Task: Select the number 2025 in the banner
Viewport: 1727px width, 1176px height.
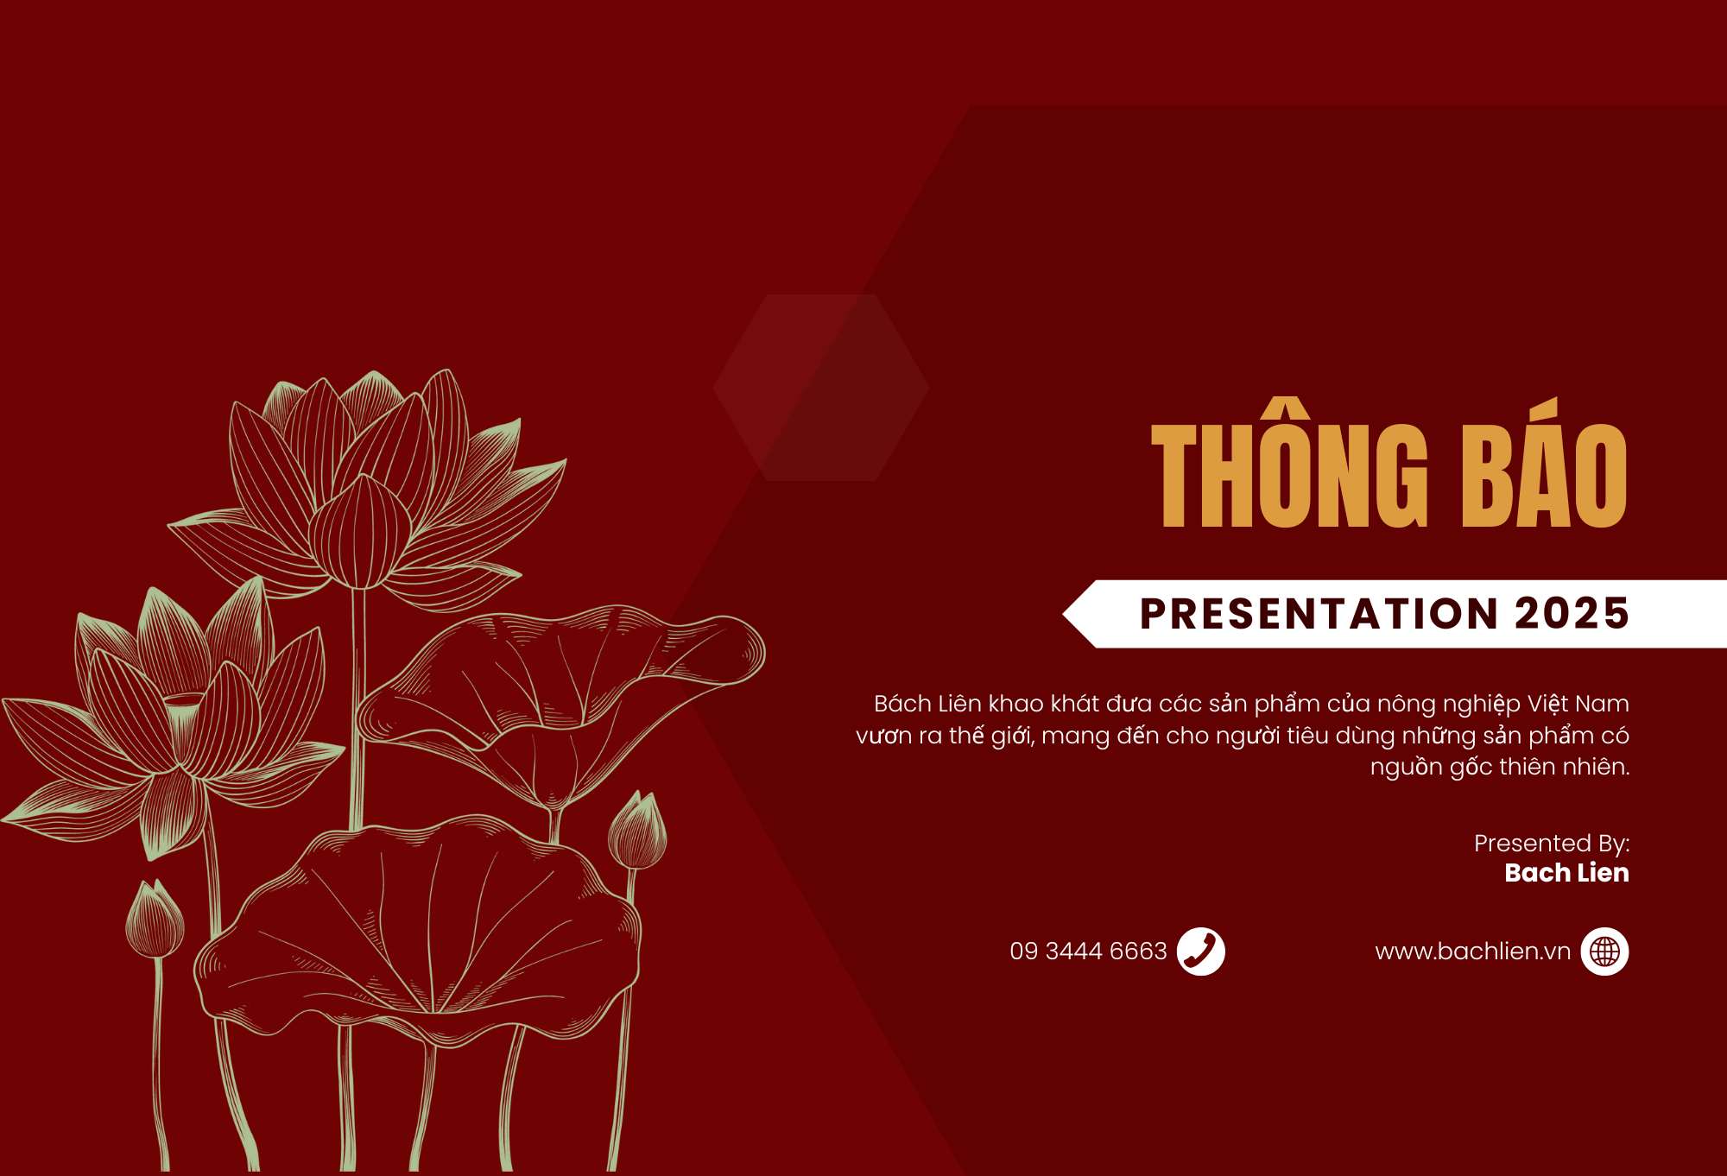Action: click(1572, 614)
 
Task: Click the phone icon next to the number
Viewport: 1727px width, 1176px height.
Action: click(1201, 952)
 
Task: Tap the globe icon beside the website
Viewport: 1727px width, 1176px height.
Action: click(1605, 952)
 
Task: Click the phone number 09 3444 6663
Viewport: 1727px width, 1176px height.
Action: click(1088, 952)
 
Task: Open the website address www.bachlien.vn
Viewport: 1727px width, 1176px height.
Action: click(1473, 952)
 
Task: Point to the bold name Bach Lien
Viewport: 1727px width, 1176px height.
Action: click(1566, 873)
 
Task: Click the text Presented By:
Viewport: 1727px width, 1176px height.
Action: click(1552, 843)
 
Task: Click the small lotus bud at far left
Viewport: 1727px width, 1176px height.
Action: click(155, 920)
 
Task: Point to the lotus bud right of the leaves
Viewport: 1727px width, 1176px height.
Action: click(637, 831)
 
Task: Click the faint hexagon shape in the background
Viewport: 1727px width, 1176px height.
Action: click(821, 388)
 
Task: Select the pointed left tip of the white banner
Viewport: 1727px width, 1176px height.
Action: click(1063, 614)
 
